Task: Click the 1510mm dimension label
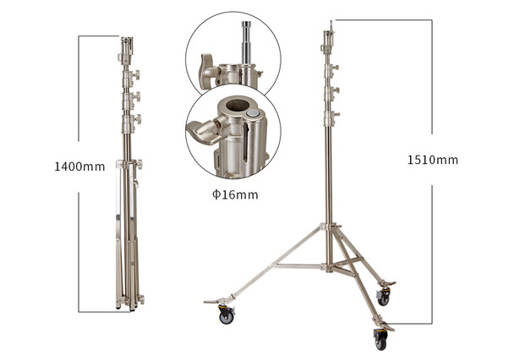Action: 432,160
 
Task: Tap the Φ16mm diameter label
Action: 234,195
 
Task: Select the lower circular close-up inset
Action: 232,134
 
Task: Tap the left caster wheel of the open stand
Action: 226,315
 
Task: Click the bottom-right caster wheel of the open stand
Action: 380,340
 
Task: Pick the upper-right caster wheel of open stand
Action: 384,297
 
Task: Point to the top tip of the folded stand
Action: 127,40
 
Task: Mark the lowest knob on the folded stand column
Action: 136,164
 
